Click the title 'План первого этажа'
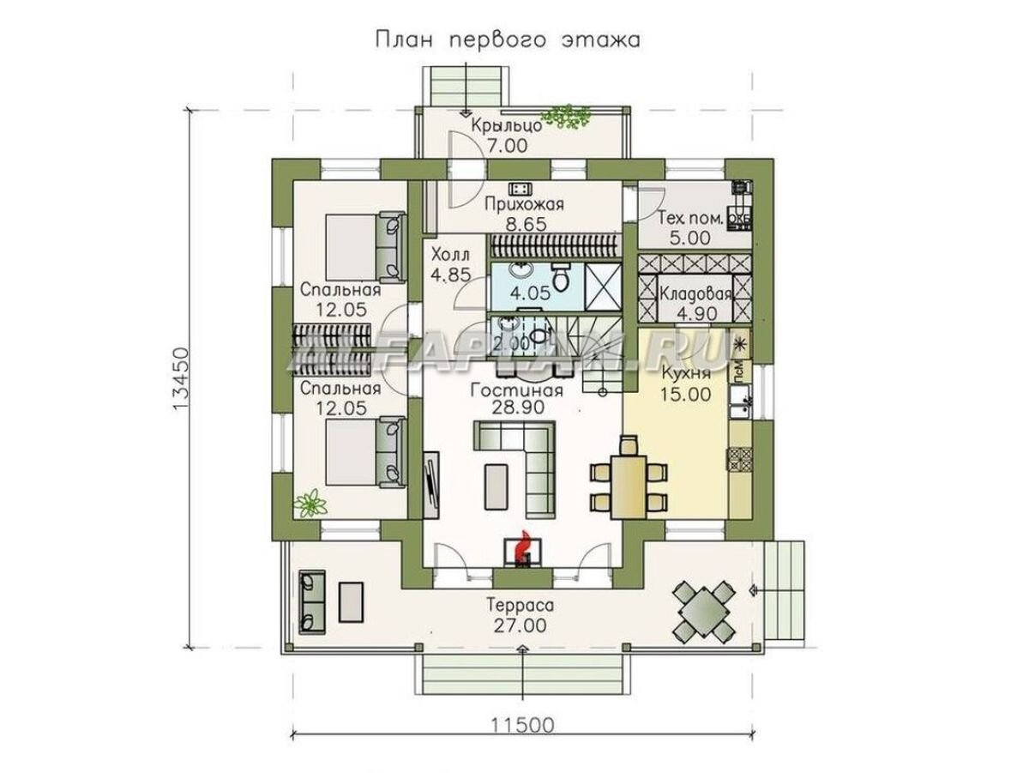coord(506,39)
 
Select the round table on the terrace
coord(702,609)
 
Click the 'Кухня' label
coord(686,374)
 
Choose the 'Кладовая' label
coord(695,293)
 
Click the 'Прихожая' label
coord(523,204)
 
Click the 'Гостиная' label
coord(516,391)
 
